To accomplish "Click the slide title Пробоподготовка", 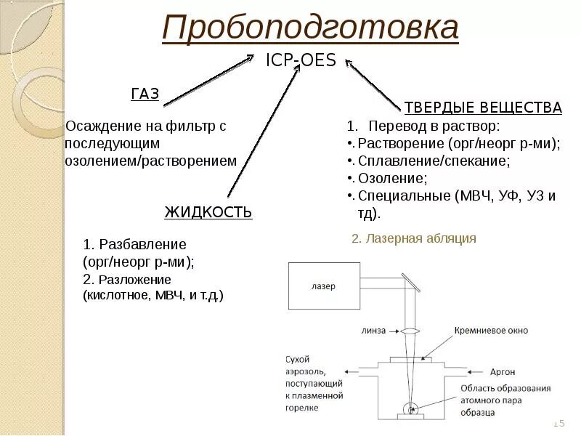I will click(x=310, y=29).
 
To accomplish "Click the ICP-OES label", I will click(x=301, y=60).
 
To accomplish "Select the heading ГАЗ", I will click(x=145, y=93).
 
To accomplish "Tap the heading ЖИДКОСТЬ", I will click(x=208, y=212).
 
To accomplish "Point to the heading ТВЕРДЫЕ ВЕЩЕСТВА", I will click(x=483, y=108).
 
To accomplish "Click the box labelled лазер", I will click(x=324, y=286).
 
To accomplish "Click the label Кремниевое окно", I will click(x=491, y=331).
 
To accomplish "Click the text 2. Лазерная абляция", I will click(x=414, y=238).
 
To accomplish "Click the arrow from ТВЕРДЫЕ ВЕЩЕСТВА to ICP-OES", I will click(x=374, y=86).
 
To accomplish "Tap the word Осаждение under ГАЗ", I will click(x=102, y=126).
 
